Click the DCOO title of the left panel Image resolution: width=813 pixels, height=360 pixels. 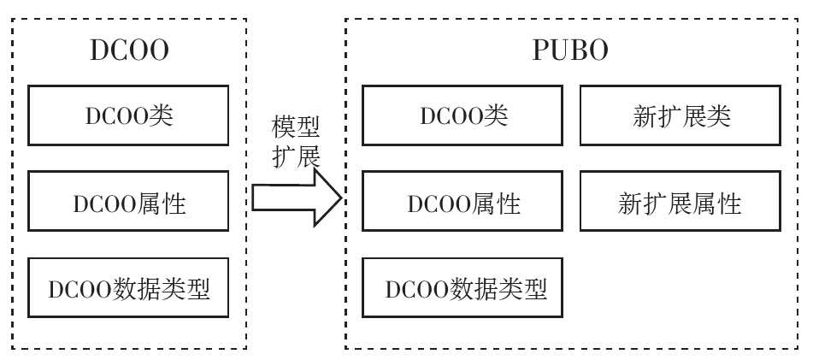129,50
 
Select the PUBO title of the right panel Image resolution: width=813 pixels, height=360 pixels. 571,50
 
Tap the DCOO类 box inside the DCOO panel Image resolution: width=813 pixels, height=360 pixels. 128,115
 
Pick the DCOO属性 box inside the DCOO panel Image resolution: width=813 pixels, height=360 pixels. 128,203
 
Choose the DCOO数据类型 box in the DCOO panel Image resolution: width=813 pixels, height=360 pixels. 128,288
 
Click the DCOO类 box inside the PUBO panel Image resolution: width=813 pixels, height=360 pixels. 462,115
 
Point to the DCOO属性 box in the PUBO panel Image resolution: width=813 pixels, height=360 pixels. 462,203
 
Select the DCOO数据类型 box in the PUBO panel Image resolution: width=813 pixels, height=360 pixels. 462,288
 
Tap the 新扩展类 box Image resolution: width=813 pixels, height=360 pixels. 681,115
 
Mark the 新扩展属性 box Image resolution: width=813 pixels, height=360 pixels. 681,203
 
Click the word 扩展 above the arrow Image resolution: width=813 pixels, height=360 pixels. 296,156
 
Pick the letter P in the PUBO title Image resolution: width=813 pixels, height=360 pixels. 542,50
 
